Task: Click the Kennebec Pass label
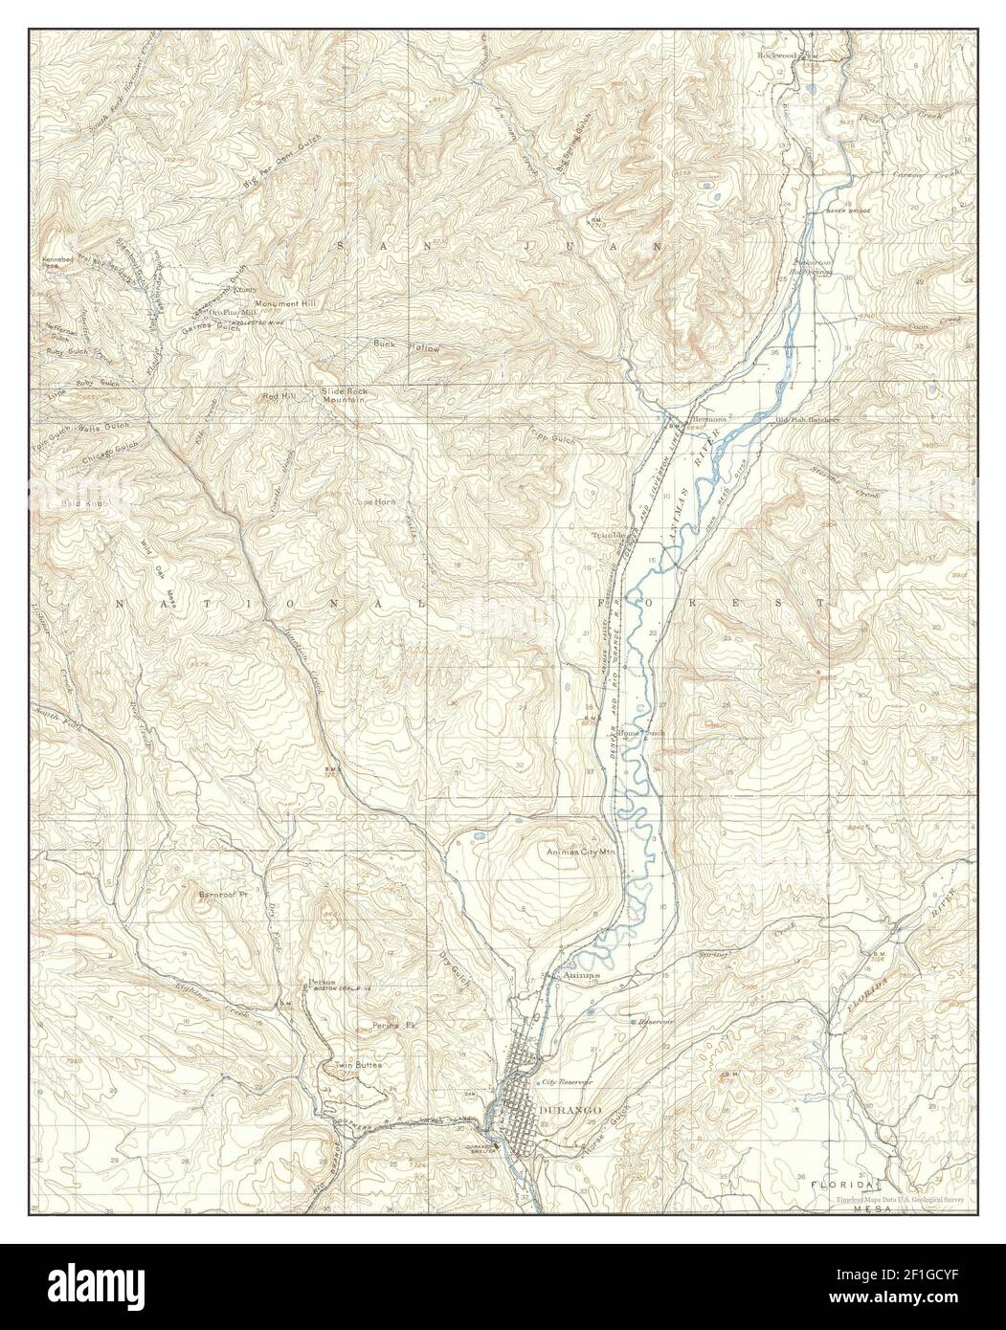coord(57,264)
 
